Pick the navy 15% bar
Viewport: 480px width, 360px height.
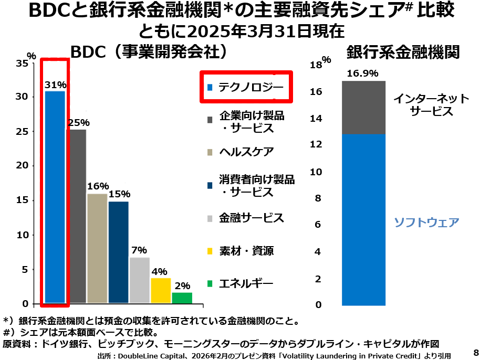(x=118, y=252)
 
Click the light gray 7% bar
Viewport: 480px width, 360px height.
(x=140, y=280)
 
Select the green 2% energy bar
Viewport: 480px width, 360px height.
(x=182, y=298)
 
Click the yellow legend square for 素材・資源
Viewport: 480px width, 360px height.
(x=210, y=251)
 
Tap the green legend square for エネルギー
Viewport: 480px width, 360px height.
(x=210, y=284)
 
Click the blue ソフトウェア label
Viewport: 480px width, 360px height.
(x=426, y=222)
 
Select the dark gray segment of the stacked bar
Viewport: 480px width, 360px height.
(x=363, y=108)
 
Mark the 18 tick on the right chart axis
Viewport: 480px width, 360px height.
(x=316, y=65)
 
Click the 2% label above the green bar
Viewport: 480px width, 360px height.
(x=182, y=286)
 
